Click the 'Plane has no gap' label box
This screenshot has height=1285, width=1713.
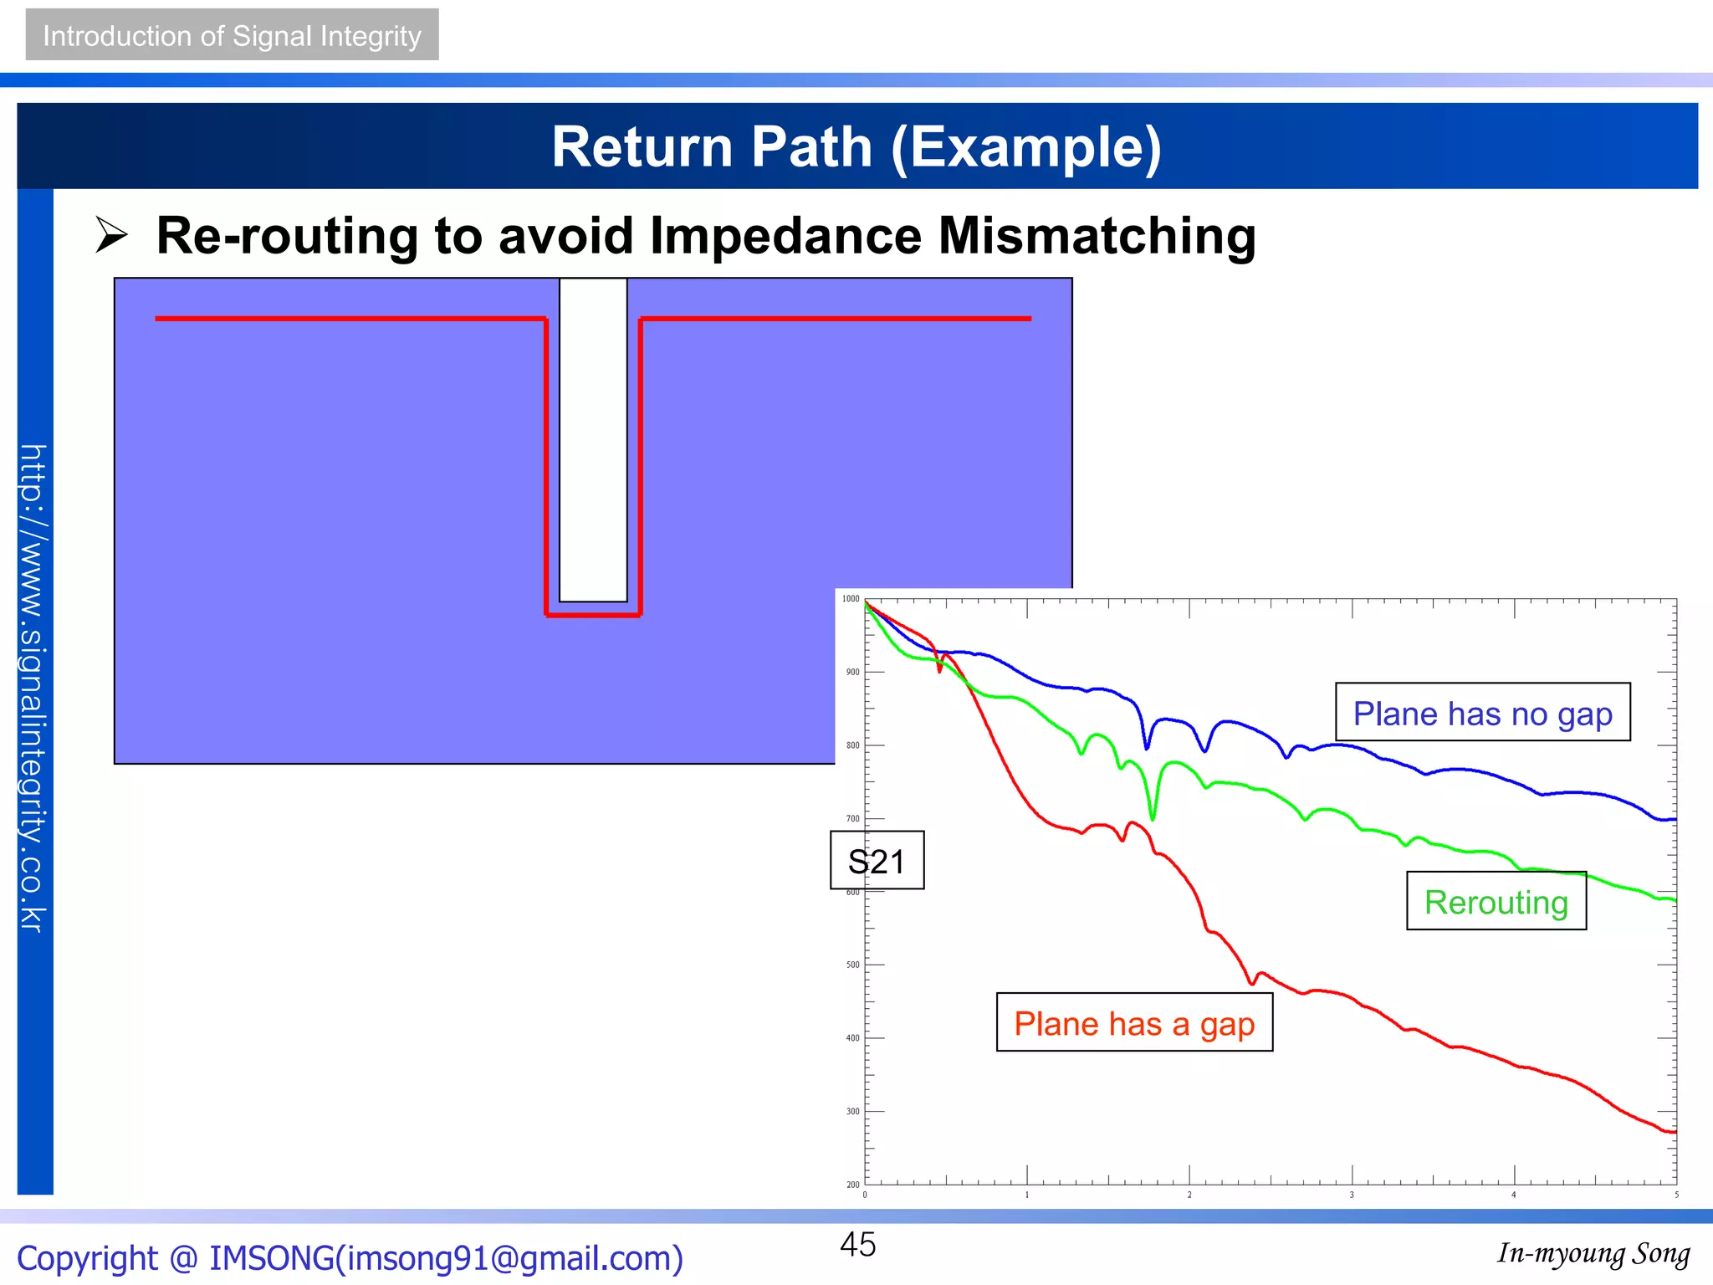point(1482,713)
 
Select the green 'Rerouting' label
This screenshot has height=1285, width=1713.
point(1496,902)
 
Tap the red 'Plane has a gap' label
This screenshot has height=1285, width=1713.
point(1134,1023)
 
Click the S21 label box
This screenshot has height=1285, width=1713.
point(877,861)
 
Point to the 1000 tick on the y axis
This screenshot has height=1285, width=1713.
point(851,599)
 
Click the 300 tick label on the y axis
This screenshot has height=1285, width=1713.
point(852,1112)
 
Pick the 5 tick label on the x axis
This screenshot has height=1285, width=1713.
point(1676,1195)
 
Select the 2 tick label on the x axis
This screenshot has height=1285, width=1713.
point(1189,1195)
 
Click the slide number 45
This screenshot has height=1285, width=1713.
point(857,1245)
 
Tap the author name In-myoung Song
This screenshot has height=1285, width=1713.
point(1593,1254)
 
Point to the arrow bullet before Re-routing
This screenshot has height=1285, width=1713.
point(111,235)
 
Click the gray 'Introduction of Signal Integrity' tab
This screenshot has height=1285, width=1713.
point(232,35)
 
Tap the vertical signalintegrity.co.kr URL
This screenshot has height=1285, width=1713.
point(33,688)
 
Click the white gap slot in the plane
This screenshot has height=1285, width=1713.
point(593,439)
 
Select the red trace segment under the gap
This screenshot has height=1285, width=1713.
point(593,615)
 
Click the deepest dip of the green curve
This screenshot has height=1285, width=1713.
point(1153,818)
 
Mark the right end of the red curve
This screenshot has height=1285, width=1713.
point(1675,1132)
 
